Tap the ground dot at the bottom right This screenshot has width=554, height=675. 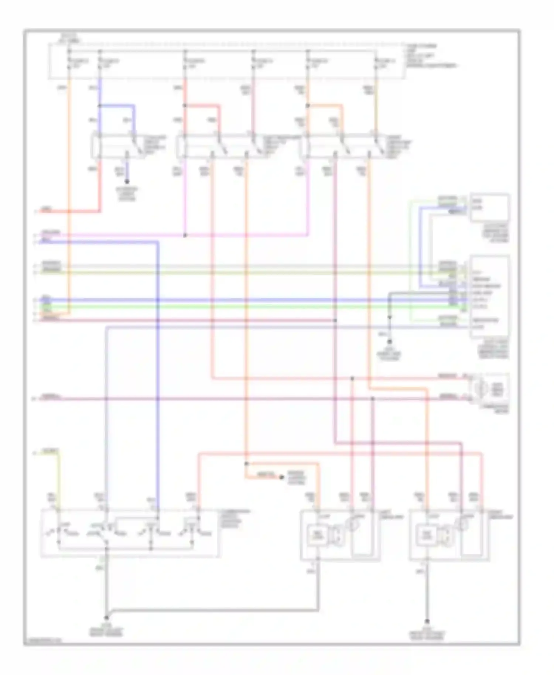pyautogui.click(x=427, y=621)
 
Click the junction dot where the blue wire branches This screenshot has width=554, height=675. pyautogui.click(x=100, y=106)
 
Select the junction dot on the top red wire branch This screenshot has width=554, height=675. pyautogui.click(x=185, y=106)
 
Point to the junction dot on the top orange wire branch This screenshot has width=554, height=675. pyautogui.click(x=308, y=106)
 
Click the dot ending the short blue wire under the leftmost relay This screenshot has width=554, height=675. pyautogui.click(x=127, y=182)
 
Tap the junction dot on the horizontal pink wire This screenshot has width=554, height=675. pyautogui.click(x=185, y=235)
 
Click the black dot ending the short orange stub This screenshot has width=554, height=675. pyautogui.click(x=281, y=477)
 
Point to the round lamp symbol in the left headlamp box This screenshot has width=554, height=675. pyautogui.click(x=354, y=525)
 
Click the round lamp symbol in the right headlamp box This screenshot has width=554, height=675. pyautogui.click(x=462, y=525)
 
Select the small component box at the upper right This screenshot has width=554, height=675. pyautogui.click(x=490, y=207)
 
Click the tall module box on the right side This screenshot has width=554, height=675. pyautogui.click(x=490, y=297)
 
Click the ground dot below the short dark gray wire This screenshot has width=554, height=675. pyautogui.click(x=389, y=342)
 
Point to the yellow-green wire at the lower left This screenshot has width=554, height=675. pyautogui.click(x=58, y=476)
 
